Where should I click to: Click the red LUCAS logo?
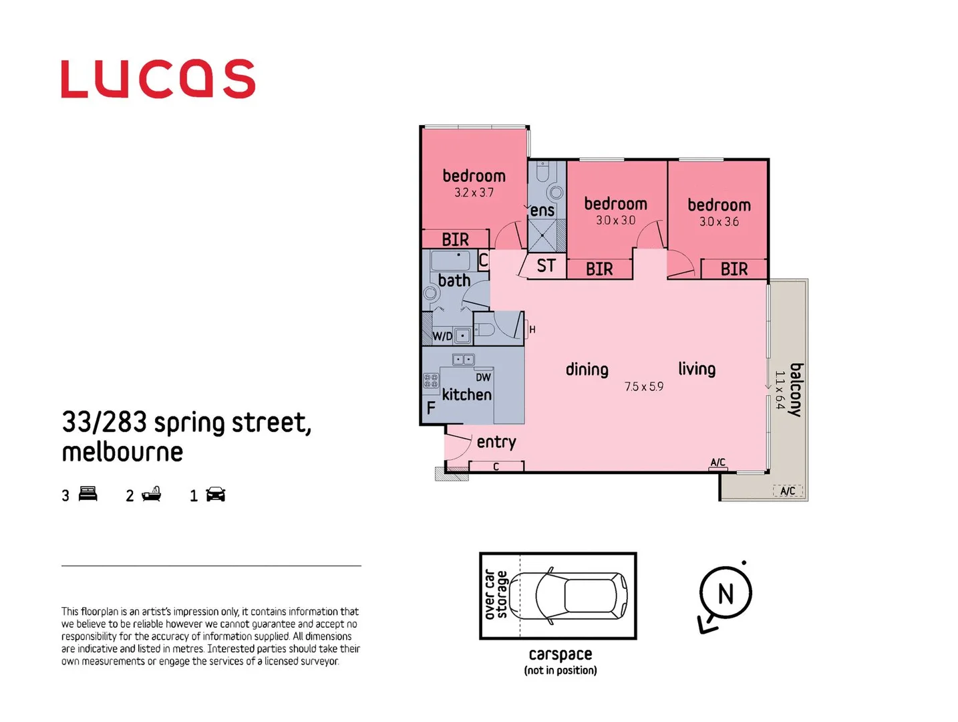158,79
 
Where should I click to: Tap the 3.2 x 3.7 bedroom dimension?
474,193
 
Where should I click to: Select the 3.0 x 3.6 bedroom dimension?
719,222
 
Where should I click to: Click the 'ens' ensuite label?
542,211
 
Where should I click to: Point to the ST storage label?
546,266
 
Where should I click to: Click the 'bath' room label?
454,281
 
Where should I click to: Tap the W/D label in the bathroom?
442,336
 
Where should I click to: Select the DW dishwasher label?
483,378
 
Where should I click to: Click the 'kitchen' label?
466,394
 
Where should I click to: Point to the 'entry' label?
496,442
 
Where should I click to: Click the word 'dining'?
587,370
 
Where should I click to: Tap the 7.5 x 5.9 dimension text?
644,387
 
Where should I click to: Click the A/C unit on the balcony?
788,491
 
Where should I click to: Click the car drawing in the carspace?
581,595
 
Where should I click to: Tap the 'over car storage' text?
496,595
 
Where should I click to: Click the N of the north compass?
726,594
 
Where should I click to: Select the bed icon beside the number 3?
88,495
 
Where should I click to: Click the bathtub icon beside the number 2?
152,495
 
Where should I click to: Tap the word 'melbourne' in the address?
122,453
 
